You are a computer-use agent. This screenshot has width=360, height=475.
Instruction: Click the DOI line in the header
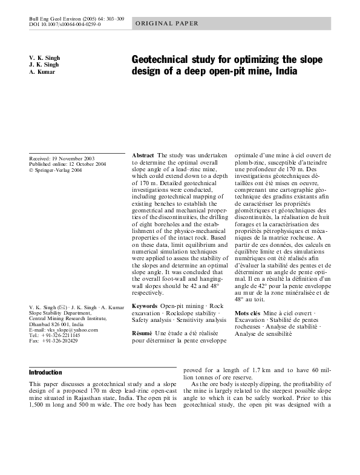coord(65,25)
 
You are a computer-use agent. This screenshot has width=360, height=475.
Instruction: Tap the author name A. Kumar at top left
coord(42,72)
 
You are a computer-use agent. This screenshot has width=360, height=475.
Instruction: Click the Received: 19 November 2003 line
coord(62,158)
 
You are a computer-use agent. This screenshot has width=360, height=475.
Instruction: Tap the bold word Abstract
coord(143,156)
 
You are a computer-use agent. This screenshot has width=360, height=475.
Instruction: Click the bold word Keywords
coord(145,306)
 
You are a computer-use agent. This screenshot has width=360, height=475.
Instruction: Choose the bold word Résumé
coord(143,333)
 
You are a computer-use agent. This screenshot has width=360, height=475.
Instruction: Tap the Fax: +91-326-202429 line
coord(53,341)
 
